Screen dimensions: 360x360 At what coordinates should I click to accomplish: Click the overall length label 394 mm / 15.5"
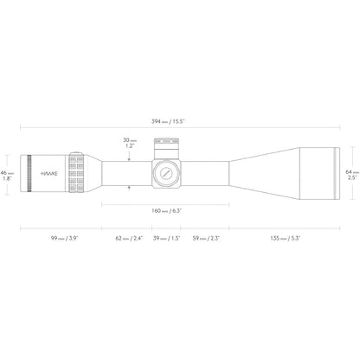click(x=168, y=121)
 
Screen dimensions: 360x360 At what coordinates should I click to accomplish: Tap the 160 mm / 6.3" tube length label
click(x=166, y=211)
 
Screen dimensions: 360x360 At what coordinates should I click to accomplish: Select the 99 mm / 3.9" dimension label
click(x=65, y=238)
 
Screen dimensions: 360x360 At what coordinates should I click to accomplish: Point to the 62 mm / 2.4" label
click(x=129, y=238)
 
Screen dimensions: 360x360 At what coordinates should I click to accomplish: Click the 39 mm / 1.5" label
click(x=166, y=238)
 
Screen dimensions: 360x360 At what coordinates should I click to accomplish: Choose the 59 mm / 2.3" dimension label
click(x=206, y=238)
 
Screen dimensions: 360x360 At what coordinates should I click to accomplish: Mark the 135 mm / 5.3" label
click(x=286, y=238)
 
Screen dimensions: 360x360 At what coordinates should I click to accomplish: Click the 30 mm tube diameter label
click(x=130, y=140)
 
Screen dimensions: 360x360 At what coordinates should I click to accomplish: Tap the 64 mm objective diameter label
click(x=352, y=172)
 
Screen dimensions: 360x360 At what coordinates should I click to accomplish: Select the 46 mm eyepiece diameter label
click(x=7, y=173)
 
